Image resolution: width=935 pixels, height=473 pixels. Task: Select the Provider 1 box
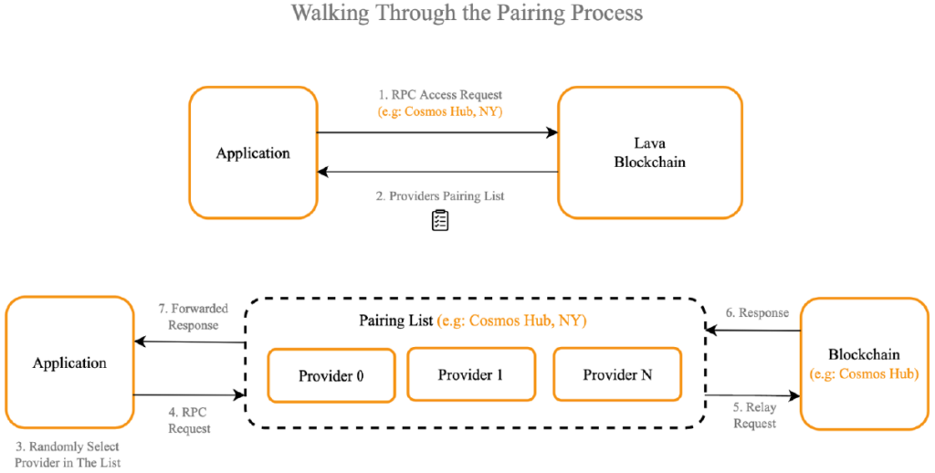click(x=471, y=374)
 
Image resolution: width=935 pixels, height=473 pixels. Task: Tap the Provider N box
click(x=617, y=374)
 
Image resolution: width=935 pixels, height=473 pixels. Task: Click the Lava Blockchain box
click(x=650, y=152)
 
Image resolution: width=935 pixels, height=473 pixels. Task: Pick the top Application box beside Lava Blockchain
click(x=253, y=152)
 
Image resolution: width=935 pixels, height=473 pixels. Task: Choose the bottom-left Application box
click(x=69, y=363)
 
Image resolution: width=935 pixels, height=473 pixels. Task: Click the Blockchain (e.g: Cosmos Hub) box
click(x=864, y=363)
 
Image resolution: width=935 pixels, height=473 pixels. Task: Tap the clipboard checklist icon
click(x=439, y=220)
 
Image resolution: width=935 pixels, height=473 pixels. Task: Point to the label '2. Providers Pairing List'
click(x=439, y=196)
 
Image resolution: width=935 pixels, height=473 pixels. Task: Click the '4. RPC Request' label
click(x=190, y=420)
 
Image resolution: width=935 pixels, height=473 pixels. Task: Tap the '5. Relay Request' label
click(x=754, y=415)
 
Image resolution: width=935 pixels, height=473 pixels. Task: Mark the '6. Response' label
click(x=754, y=312)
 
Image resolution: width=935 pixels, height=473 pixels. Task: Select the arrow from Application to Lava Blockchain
click(x=437, y=133)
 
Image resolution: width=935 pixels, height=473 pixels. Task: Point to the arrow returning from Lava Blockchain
click(x=437, y=172)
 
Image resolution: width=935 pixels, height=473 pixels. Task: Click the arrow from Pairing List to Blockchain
click(x=752, y=394)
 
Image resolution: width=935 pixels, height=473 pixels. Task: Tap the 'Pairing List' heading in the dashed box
click(x=396, y=321)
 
